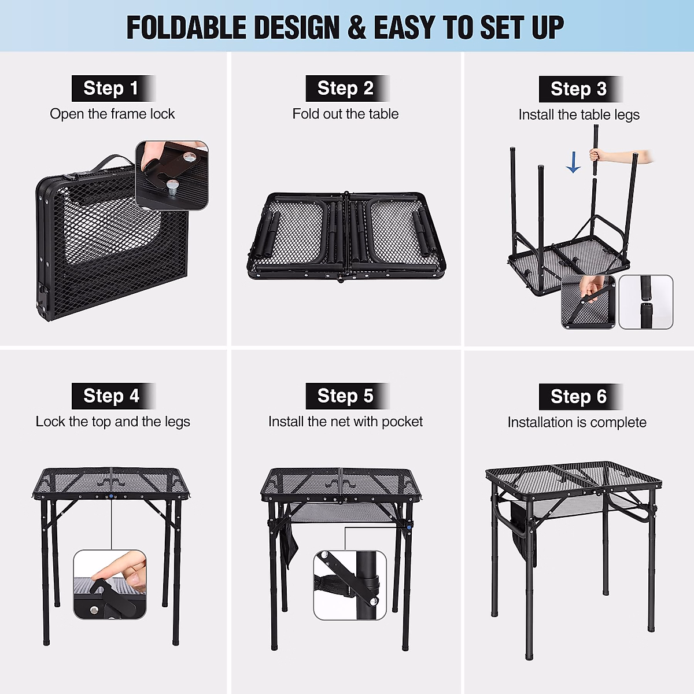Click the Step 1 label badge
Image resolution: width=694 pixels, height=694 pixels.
113,88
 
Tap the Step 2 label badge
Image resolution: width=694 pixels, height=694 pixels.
347,88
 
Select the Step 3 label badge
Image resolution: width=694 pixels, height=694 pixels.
580,89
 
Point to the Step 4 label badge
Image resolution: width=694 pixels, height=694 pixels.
113,396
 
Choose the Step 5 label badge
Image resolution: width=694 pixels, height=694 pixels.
347,396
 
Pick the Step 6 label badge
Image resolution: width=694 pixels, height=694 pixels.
580,397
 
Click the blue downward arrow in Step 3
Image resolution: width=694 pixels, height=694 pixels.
573,163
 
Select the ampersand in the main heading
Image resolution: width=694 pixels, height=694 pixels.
357,28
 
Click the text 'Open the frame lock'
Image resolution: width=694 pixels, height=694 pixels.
112,114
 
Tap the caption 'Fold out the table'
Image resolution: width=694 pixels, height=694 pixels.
345,114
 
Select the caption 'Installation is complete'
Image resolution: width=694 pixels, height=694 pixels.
577,422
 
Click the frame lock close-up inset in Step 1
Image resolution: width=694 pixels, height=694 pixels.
172,175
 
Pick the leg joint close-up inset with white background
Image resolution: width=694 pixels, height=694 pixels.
646,302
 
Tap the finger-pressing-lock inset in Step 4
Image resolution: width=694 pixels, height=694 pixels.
110,585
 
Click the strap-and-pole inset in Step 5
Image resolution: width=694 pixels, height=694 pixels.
349,585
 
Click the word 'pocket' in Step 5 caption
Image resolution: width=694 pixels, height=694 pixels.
402,422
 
